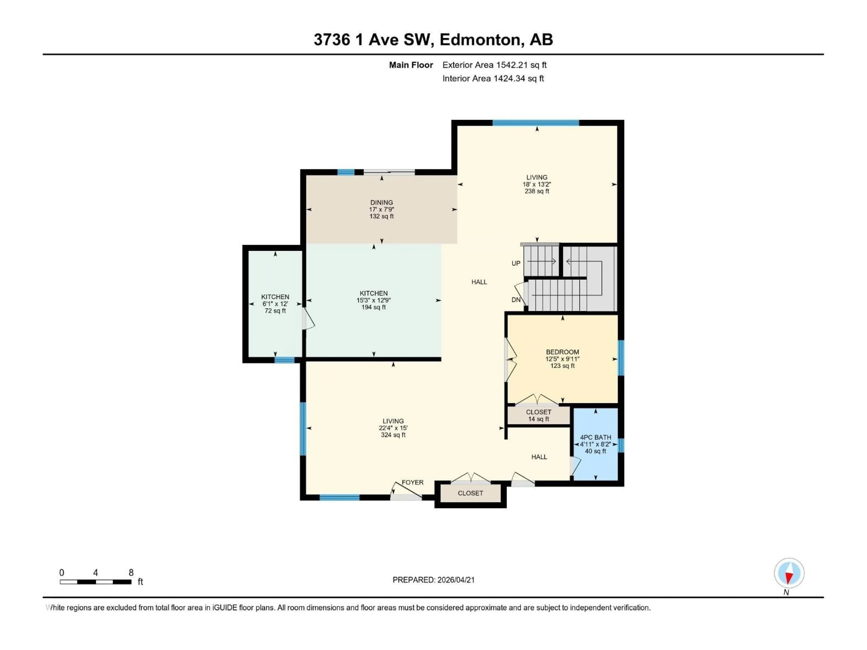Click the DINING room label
pyautogui.click(x=381, y=203)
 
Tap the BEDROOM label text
pyautogui.click(x=562, y=352)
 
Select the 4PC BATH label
pyautogui.click(x=595, y=437)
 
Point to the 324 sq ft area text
pyautogui.click(x=393, y=435)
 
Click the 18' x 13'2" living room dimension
pyautogui.click(x=537, y=184)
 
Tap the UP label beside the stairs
pyautogui.click(x=516, y=263)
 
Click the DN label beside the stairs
pyautogui.click(x=516, y=300)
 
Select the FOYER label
pyautogui.click(x=412, y=482)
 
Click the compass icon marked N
pyautogui.click(x=789, y=573)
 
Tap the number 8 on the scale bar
pyautogui.click(x=131, y=572)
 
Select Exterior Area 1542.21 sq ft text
pyautogui.click(x=494, y=65)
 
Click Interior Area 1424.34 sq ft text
pyautogui.click(x=493, y=78)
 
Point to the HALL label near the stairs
pyautogui.click(x=479, y=282)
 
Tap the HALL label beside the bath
pyautogui.click(x=539, y=457)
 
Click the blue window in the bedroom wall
pyautogui.click(x=621, y=358)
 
